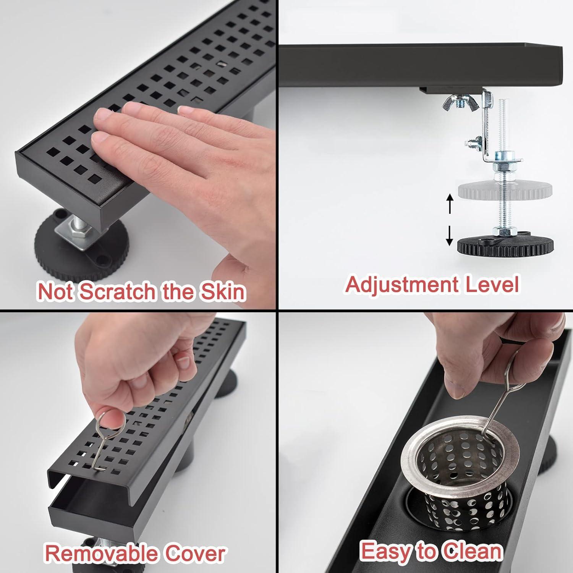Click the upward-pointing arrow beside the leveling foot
pos(450,202)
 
